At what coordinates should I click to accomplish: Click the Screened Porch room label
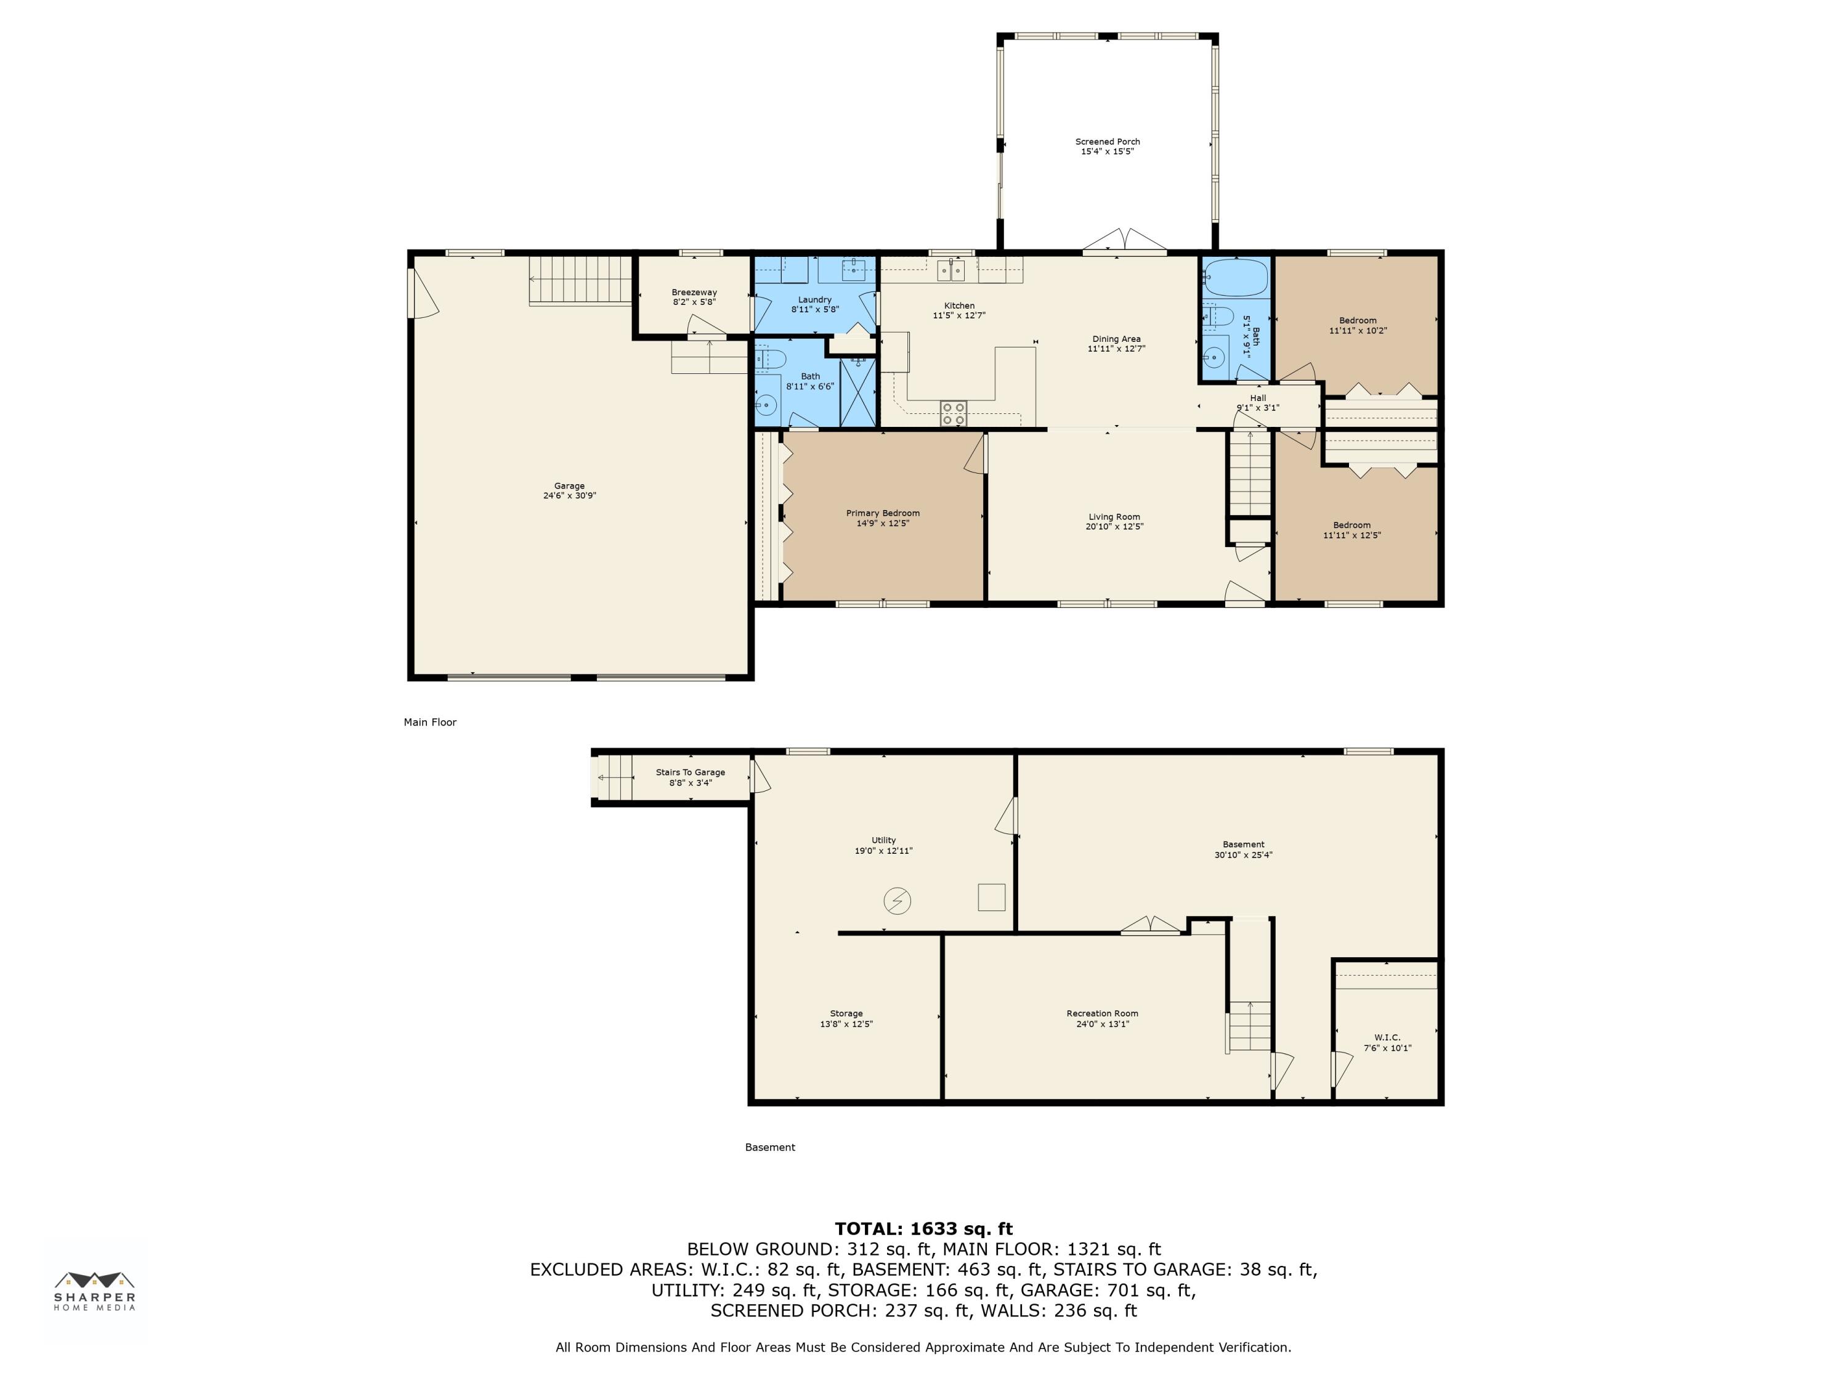pyautogui.click(x=1107, y=142)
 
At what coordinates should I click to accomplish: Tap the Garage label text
pyautogui.click(x=569, y=486)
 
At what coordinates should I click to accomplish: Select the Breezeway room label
pyautogui.click(x=694, y=293)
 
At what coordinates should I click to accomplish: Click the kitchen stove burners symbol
pyautogui.click(x=953, y=413)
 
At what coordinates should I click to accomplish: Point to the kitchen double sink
pyautogui.click(x=950, y=269)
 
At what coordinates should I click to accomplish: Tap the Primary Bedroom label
pyautogui.click(x=883, y=514)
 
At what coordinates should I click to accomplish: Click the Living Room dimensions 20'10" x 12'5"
pyautogui.click(x=1114, y=527)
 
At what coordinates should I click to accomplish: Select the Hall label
pyautogui.click(x=1258, y=399)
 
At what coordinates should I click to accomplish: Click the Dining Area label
pyautogui.click(x=1116, y=339)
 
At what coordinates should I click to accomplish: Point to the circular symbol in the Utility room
pyautogui.click(x=898, y=901)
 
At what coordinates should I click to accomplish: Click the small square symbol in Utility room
pyautogui.click(x=992, y=896)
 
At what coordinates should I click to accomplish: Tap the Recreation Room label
pyautogui.click(x=1102, y=1013)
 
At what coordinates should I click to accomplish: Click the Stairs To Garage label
pyautogui.click(x=690, y=773)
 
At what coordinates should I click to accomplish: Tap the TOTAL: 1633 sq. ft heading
pyautogui.click(x=923, y=1229)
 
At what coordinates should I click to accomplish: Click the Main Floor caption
pyautogui.click(x=430, y=723)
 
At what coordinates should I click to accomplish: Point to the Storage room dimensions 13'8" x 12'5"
pyautogui.click(x=846, y=1024)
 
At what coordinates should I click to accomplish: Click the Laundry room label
pyautogui.click(x=814, y=300)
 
